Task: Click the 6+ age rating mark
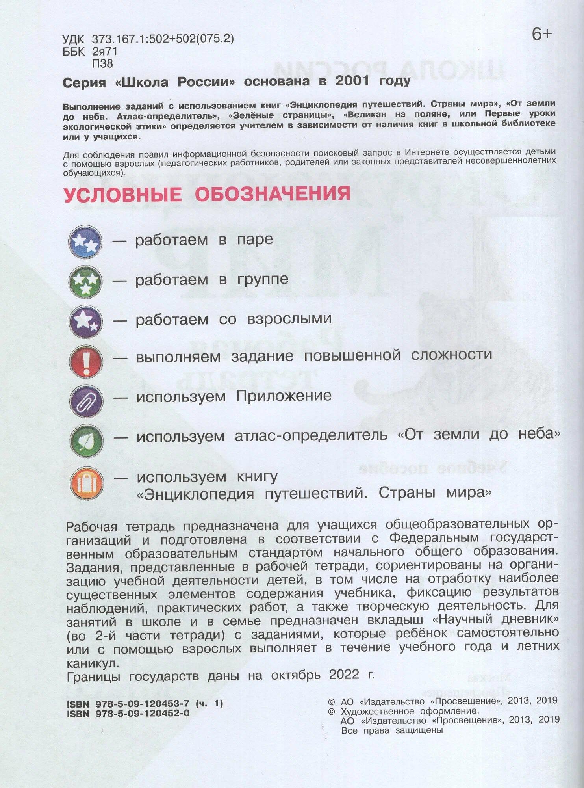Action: [x=542, y=35]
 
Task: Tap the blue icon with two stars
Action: [x=85, y=241]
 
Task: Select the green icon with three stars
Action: [x=85, y=281]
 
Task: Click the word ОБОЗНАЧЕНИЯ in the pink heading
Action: [x=273, y=194]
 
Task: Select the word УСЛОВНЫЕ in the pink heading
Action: [x=123, y=195]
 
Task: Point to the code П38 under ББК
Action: [x=102, y=63]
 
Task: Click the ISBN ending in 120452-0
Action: [x=128, y=713]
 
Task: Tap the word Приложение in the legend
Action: [x=284, y=396]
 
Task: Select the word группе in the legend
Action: [x=263, y=279]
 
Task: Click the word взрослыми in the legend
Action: [x=289, y=318]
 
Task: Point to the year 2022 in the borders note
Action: [x=344, y=675]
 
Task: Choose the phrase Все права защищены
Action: [x=392, y=730]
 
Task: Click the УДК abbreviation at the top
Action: [x=73, y=39]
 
